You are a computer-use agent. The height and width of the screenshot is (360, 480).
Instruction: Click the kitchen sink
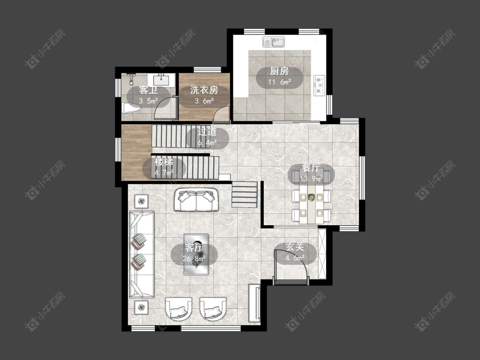point(273,42)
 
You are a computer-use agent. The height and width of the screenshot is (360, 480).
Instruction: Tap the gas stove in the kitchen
point(319,85)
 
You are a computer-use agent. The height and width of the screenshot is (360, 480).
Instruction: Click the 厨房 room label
point(279,71)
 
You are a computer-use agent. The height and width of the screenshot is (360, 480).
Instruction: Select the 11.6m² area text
point(279,82)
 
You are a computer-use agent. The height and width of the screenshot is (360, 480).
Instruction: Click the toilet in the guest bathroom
point(131,108)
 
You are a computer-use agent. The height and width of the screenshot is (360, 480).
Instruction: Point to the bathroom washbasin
point(161,80)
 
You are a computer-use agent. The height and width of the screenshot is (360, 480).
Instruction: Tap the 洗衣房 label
point(204,90)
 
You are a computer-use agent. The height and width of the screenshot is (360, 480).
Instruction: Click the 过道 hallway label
point(207,132)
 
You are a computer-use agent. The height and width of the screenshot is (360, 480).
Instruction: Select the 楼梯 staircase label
point(164,161)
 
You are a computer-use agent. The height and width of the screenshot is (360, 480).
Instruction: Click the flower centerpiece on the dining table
point(311,197)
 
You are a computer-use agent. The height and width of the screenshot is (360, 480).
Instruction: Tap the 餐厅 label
point(311,168)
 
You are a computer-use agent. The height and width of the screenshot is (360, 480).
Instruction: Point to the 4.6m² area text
point(295,258)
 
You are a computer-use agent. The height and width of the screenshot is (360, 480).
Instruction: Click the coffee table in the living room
point(196,254)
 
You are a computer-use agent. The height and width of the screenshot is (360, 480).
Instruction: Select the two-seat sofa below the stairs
point(196,200)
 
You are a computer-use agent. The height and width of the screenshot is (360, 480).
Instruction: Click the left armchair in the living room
point(179,308)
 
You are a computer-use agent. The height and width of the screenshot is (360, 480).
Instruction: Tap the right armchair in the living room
point(213,308)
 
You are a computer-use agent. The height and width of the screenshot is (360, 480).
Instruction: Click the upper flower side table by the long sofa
point(141,201)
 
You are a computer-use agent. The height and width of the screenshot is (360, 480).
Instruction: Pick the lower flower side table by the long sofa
point(141,307)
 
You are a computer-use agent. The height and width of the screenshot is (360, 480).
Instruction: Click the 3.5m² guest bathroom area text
point(148,101)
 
